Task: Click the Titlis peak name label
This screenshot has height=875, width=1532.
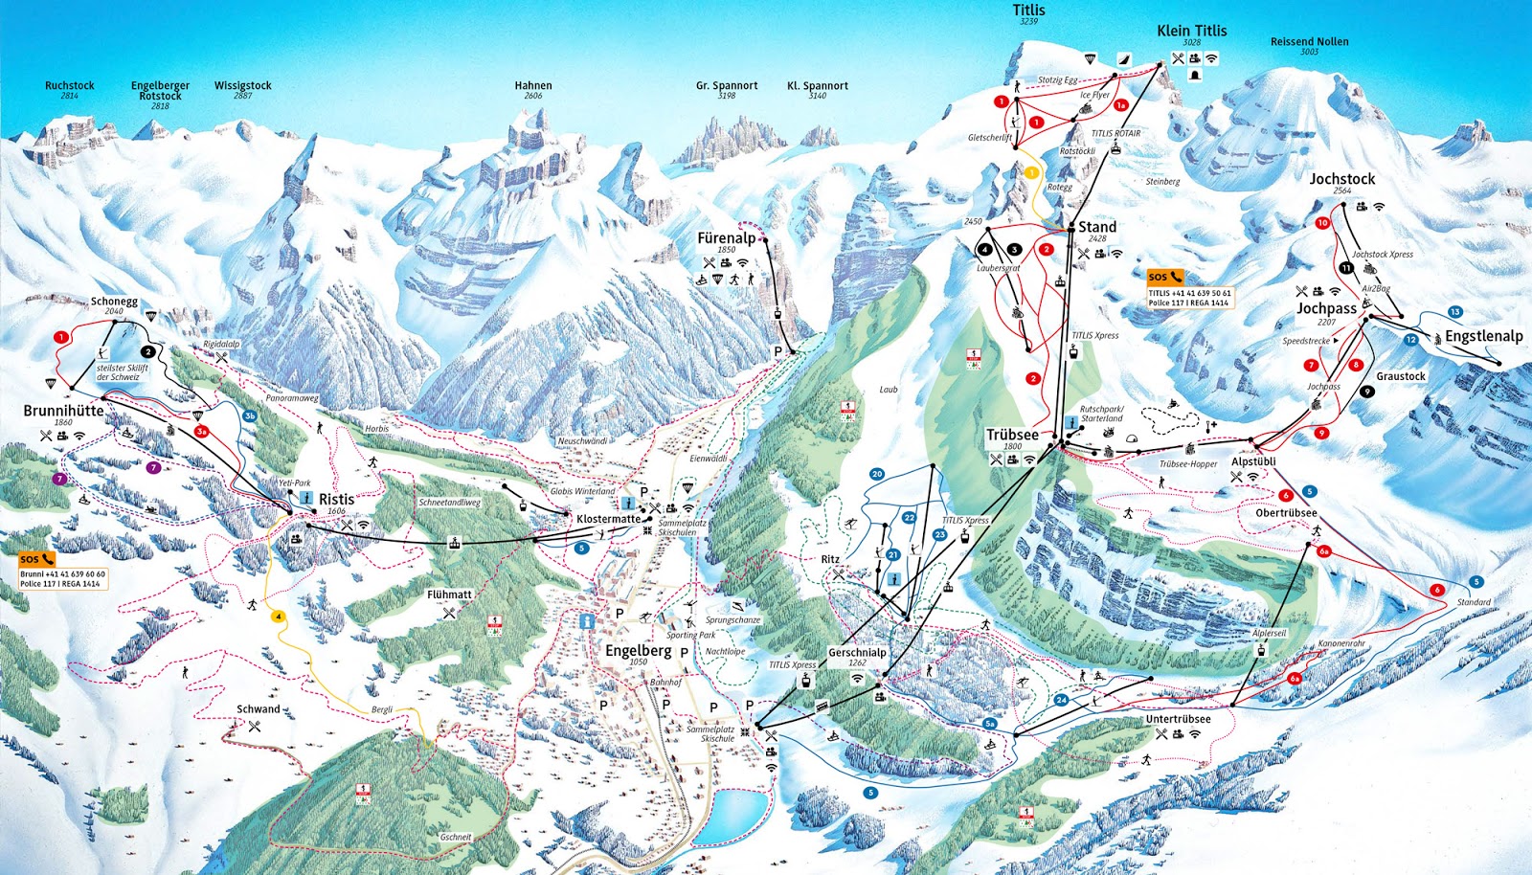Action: (x=1029, y=10)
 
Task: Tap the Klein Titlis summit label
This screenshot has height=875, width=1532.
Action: (x=1191, y=31)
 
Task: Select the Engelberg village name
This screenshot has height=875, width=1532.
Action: (x=638, y=650)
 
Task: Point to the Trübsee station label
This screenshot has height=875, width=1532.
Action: (x=1012, y=435)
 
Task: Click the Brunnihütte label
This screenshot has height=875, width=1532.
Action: (x=63, y=411)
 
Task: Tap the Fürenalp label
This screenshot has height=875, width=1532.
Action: (x=726, y=238)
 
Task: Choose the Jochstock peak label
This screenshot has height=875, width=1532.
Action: (x=1341, y=179)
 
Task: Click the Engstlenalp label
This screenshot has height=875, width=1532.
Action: (x=1483, y=336)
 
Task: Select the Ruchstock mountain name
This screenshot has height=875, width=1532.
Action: (x=69, y=85)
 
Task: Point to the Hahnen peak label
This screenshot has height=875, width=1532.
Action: (x=533, y=85)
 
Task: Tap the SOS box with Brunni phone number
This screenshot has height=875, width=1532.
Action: (x=63, y=572)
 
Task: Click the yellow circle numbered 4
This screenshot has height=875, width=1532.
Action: (x=279, y=617)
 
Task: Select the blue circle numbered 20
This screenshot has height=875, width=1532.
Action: (x=876, y=474)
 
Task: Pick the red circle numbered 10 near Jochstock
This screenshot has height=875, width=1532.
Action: (x=1322, y=223)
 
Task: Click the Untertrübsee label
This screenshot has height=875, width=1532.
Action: (x=1178, y=719)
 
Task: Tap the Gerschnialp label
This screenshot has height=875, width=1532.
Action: (x=857, y=652)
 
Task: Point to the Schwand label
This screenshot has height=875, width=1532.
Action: (x=259, y=709)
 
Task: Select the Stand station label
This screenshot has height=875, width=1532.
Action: (x=1096, y=227)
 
